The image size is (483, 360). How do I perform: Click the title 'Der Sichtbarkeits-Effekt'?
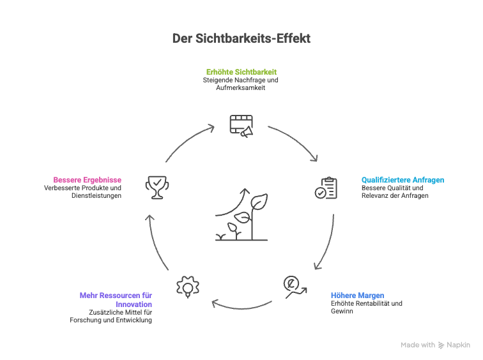point(241,39)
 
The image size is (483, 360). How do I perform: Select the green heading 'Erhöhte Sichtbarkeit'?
point(241,71)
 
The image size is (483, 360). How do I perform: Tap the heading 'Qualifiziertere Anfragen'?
point(402,180)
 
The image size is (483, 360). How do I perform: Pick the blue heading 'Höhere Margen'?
point(357,296)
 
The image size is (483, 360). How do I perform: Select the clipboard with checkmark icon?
point(326,188)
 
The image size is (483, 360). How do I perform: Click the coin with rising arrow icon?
point(295,285)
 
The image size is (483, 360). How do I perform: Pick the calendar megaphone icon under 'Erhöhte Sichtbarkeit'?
point(241,124)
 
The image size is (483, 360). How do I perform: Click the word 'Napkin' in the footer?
point(458,345)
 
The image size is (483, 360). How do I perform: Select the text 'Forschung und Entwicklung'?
point(111,320)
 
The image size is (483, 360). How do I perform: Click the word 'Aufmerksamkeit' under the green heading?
point(241,87)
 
